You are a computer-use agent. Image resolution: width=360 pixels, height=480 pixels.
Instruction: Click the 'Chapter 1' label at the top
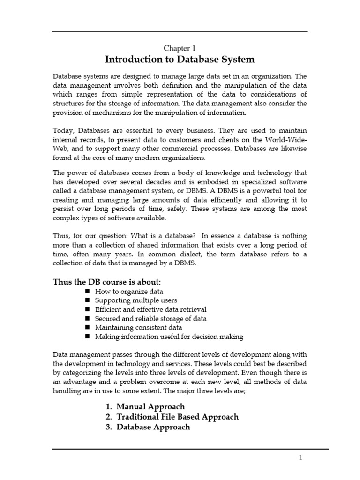click(179, 48)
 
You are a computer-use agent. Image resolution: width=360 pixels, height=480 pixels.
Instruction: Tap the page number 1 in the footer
click(301, 458)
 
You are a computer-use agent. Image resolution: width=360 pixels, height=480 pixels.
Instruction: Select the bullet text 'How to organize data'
click(122, 291)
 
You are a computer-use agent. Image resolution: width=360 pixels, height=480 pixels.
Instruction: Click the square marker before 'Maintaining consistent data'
click(87, 328)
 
